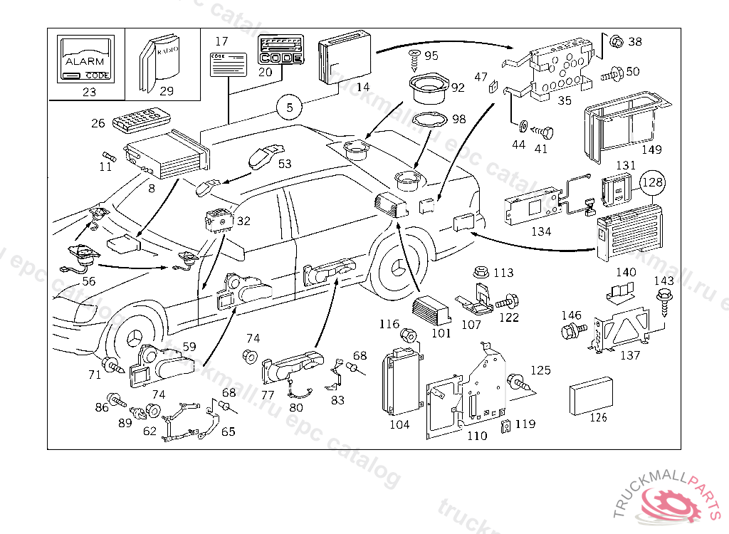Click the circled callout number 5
(x=290, y=108)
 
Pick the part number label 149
(x=651, y=150)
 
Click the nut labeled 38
(x=617, y=41)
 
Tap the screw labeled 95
(x=414, y=57)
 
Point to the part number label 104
(x=399, y=424)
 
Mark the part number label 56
(x=88, y=281)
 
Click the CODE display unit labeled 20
(x=279, y=51)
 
